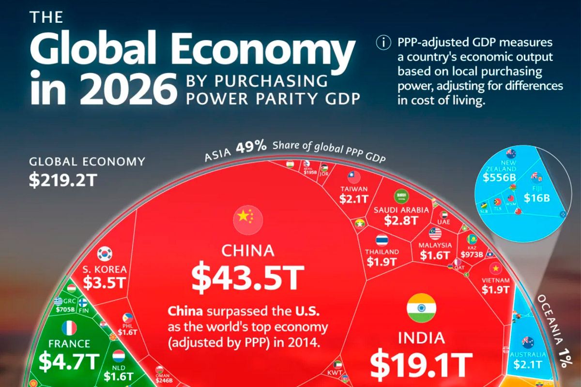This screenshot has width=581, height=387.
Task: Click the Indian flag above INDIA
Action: coord(421,308)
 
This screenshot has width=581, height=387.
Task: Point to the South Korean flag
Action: coord(105,253)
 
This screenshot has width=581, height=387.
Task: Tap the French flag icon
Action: coord(69,328)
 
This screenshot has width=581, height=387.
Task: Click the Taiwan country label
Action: coord(354,189)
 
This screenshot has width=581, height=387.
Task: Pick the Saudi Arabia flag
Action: coord(401,196)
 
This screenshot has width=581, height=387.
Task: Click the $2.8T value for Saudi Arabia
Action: coord(401,221)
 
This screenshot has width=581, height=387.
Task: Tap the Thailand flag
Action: coord(382,240)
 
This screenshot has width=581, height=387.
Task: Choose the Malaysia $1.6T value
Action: coord(435,255)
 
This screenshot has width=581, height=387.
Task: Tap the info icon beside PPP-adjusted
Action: coord(383,43)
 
